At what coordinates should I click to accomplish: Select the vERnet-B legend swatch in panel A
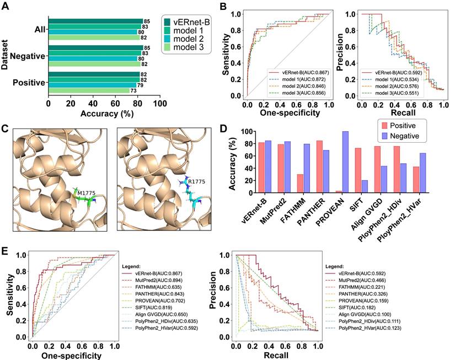[x=169, y=22]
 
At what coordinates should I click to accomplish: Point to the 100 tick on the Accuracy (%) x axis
[x=159, y=103]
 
